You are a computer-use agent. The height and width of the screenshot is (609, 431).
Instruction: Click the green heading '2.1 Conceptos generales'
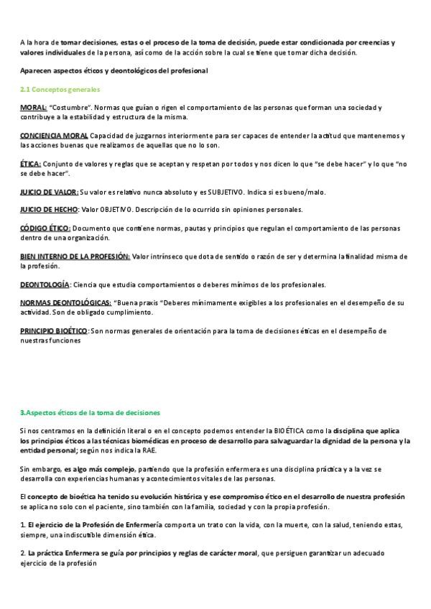[x=60, y=89]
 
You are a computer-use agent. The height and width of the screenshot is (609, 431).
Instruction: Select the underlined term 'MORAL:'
[x=33, y=107]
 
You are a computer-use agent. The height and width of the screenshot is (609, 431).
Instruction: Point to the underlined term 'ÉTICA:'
[x=30, y=163]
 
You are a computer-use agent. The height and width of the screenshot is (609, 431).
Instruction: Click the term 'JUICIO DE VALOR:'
[x=49, y=192]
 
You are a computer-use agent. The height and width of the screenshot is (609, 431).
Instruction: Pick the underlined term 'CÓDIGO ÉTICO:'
[x=45, y=228]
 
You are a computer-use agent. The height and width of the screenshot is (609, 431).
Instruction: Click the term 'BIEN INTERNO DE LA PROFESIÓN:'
[x=75, y=256]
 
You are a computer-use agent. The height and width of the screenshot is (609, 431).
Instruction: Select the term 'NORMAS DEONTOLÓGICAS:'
[x=65, y=302]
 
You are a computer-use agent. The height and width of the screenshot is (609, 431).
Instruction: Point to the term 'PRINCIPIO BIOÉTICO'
[x=54, y=331]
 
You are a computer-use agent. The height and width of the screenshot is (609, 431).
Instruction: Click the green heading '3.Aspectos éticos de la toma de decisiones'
[x=90, y=412]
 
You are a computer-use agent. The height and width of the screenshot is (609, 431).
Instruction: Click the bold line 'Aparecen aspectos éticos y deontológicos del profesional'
[x=113, y=70]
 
